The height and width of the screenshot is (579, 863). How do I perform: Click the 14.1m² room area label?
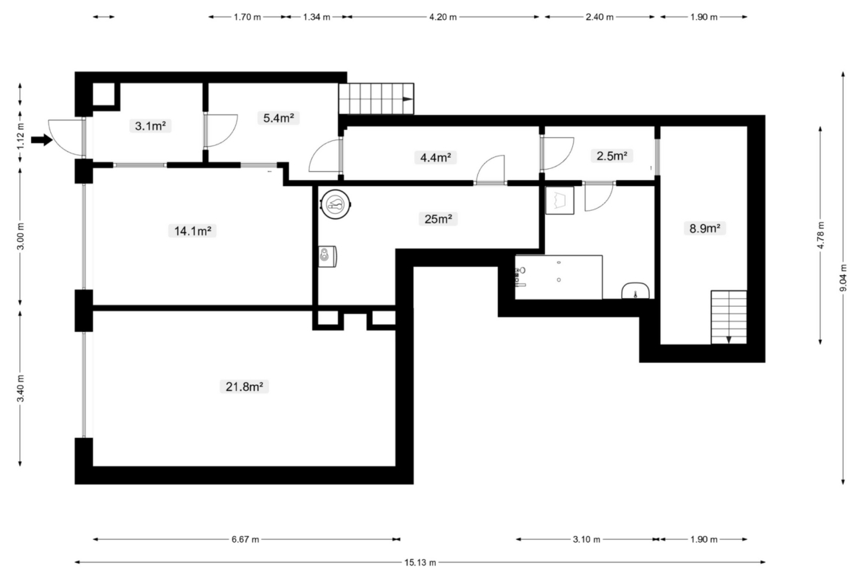pyautogui.click(x=192, y=231)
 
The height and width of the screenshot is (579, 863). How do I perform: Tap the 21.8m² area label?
pyautogui.click(x=244, y=386)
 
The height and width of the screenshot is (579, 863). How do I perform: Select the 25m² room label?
pyautogui.click(x=438, y=218)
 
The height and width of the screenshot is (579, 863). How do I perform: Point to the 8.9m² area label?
pyautogui.click(x=704, y=228)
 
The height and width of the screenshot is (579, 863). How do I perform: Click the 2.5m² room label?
pyautogui.click(x=611, y=156)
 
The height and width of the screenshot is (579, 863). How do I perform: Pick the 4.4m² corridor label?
pyautogui.click(x=435, y=157)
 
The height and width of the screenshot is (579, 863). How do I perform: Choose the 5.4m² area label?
pyautogui.click(x=278, y=118)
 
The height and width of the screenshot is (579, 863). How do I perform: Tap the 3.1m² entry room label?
pyautogui.click(x=150, y=126)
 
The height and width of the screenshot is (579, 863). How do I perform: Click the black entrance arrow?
pyautogui.click(x=41, y=140)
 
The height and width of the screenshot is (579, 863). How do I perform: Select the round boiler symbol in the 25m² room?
pyautogui.click(x=335, y=204)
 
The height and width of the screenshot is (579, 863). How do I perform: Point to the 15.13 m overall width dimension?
pyautogui.click(x=420, y=562)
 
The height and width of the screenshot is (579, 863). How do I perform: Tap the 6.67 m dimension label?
pyautogui.click(x=246, y=539)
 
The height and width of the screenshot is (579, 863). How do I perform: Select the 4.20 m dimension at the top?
pyautogui.click(x=443, y=17)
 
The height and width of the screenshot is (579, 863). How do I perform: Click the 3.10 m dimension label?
pyautogui.click(x=586, y=539)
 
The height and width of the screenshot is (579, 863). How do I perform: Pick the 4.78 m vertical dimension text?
pyautogui.click(x=820, y=235)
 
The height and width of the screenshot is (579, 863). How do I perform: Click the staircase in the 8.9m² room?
pyautogui.click(x=729, y=317)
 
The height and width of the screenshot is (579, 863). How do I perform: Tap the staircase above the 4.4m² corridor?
pyautogui.click(x=376, y=99)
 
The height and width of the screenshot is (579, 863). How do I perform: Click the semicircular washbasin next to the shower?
pyautogui.click(x=635, y=291)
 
